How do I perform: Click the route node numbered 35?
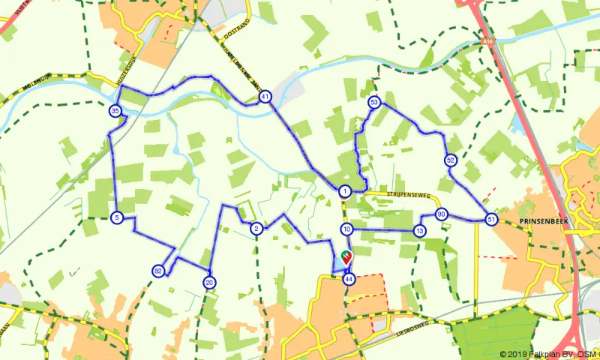pos(115,112)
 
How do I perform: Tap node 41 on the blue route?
pos(265,97)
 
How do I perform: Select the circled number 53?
pos(374,102)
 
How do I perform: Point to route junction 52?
pos(450,160)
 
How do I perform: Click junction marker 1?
pos(344,191)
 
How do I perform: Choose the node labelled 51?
pos(491,219)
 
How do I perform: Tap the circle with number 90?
pos(442,214)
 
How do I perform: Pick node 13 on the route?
pos(418,231)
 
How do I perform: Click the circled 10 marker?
pos(346,229)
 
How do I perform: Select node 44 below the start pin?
pos(349,279)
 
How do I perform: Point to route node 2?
pos(256,229)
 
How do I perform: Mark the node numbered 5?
pos(116,217)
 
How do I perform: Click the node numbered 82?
pos(157,271)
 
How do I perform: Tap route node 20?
pos(209,282)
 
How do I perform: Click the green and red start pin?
pos(346,256)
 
